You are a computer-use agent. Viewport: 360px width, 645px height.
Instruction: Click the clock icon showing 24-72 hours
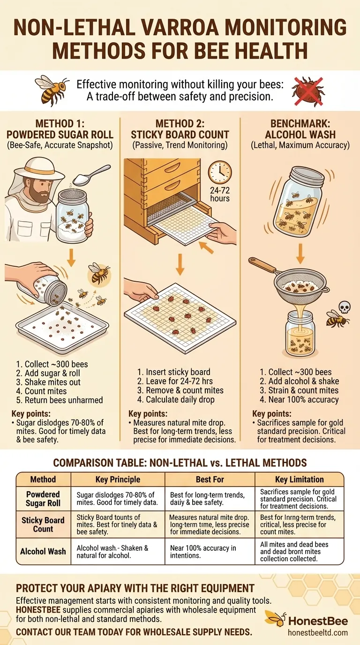coord(220,172)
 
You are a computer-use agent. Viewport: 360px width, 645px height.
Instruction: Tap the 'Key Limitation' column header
coord(299,480)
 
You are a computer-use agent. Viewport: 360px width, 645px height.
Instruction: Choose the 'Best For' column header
coord(210,480)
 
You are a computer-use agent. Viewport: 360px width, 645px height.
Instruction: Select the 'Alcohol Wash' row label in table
coord(43,551)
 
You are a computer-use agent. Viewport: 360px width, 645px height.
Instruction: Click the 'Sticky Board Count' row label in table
coord(43,525)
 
